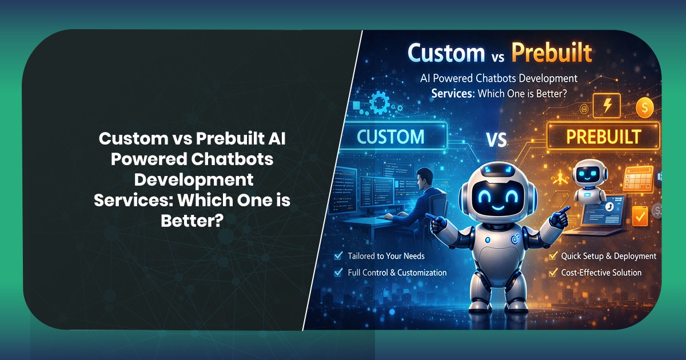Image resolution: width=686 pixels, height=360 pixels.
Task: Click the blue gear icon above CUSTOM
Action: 379,103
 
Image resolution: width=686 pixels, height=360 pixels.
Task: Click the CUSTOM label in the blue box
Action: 391,137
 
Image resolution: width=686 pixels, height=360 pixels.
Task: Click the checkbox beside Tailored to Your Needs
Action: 338,256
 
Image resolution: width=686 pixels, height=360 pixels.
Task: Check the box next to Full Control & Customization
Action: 338,273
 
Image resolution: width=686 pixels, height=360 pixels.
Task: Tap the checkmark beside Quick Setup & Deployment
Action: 552,256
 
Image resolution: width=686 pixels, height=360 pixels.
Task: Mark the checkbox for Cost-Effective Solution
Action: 552,273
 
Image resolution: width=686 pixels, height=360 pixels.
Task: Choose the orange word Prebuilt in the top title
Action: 551,53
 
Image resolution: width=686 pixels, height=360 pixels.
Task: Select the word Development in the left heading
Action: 193,179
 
